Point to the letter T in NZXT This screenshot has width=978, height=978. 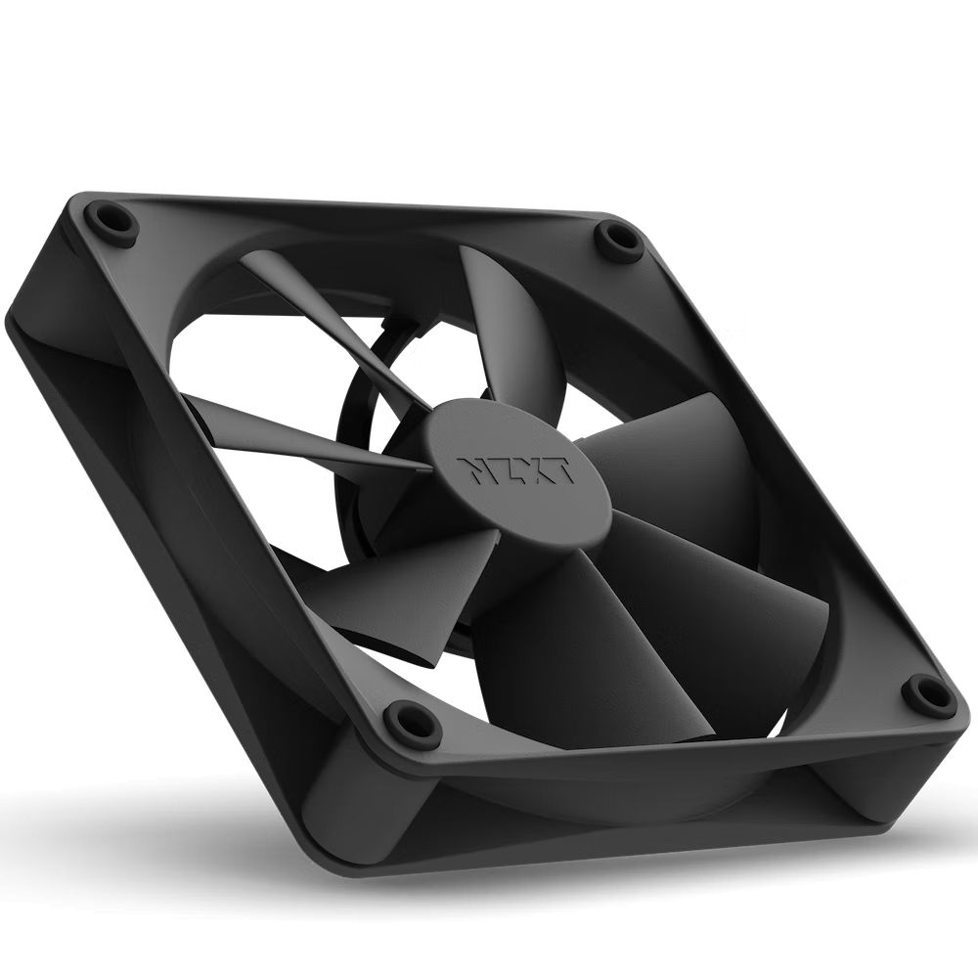tap(558, 475)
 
